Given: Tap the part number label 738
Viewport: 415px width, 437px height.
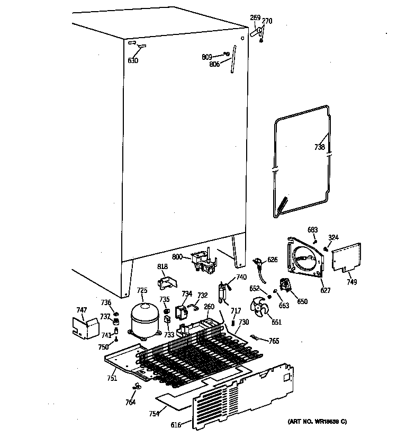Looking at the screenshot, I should (x=319, y=147).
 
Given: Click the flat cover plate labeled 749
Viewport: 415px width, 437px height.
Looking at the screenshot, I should (x=347, y=257).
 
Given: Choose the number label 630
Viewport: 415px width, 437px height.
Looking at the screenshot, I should (x=133, y=60).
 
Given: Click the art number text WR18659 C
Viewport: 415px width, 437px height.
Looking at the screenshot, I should (x=317, y=422).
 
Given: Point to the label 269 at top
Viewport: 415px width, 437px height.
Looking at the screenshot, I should (x=255, y=18).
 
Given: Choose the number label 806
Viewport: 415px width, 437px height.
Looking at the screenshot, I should (x=214, y=65).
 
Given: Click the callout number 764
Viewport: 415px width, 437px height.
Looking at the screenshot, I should (x=130, y=402).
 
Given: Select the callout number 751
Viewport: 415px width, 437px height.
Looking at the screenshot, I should (x=112, y=378).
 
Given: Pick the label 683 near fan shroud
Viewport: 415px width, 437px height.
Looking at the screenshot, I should (x=313, y=229).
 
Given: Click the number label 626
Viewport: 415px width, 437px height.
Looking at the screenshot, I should (x=272, y=260).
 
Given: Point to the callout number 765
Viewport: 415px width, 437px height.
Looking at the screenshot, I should (x=274, y=341).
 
